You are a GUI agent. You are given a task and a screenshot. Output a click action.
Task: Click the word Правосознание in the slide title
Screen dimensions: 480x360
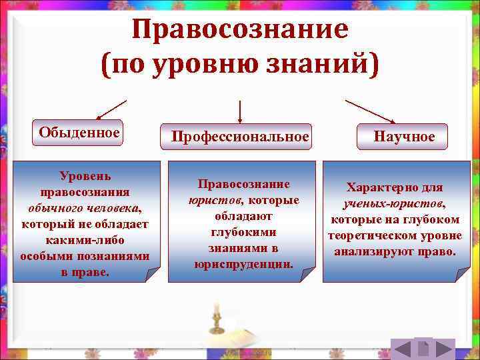coord(240,29)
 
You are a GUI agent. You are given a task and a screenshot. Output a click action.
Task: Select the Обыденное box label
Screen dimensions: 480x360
coord(79,132)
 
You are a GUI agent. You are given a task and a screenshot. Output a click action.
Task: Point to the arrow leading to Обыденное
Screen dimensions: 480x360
coord(111,109)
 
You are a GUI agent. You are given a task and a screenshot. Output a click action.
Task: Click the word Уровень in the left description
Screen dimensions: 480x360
coord(85,176)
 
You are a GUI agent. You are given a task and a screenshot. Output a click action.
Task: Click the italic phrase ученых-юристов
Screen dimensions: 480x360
coord(395,204)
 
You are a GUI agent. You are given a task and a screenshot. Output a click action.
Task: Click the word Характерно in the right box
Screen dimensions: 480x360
coord(375,188)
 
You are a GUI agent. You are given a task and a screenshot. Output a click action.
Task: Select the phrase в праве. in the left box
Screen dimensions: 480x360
coord(85,272)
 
